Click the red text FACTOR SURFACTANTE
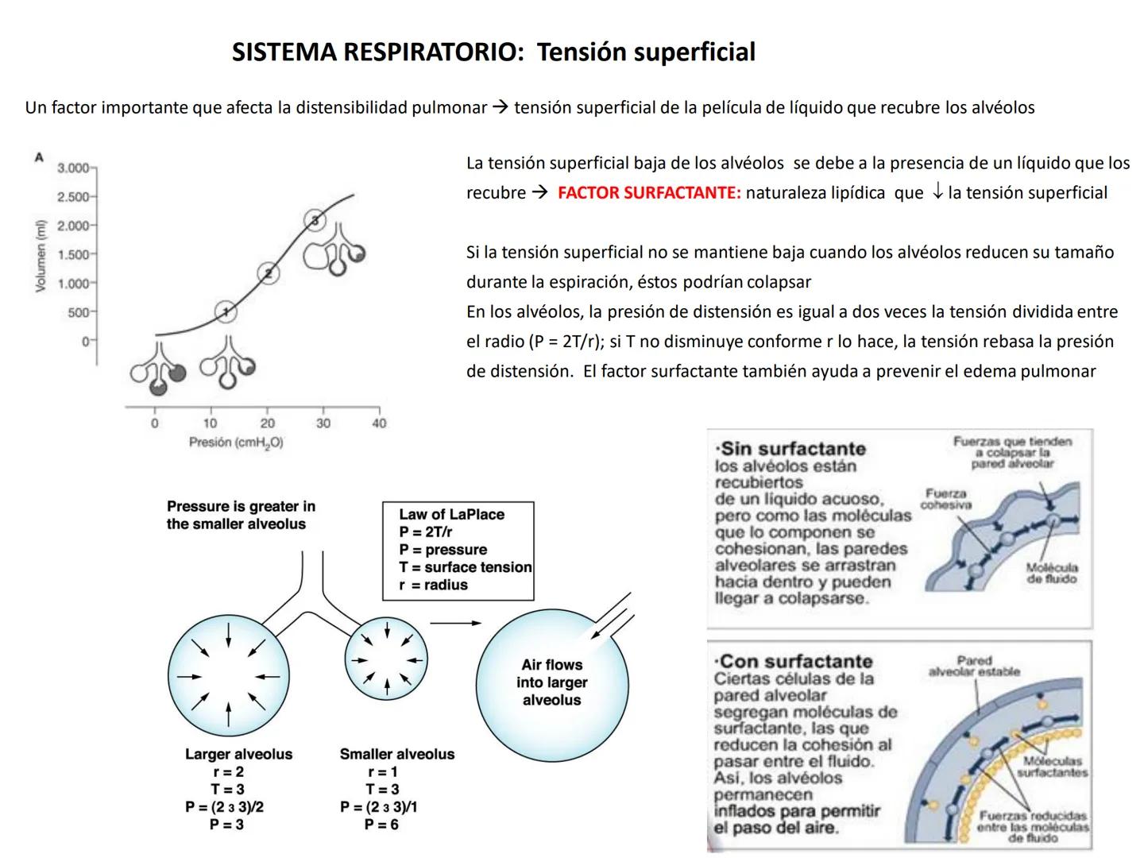[x=648, y=193]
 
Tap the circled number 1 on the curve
[x=226, y=311]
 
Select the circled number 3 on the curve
[x=315, y=220]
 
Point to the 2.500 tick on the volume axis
[x=73, y=197]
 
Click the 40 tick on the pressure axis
[x=379, y=423]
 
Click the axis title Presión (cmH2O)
[x=236, y=443]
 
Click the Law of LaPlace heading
[x=451, y=514]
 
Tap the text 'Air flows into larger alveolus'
[x=551, y=682]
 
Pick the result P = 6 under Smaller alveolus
[x=381, y=825]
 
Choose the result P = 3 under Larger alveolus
[x=226, y=825]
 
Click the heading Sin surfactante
[x=791, y=449]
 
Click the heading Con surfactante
[x=794, y=661]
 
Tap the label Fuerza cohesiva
[x=945, y=499]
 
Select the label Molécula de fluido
[x=1051, y=573]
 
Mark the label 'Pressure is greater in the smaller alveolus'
[x=240, y=515]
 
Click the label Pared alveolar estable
[x=974, y=666]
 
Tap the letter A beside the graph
[x=38, y=157]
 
